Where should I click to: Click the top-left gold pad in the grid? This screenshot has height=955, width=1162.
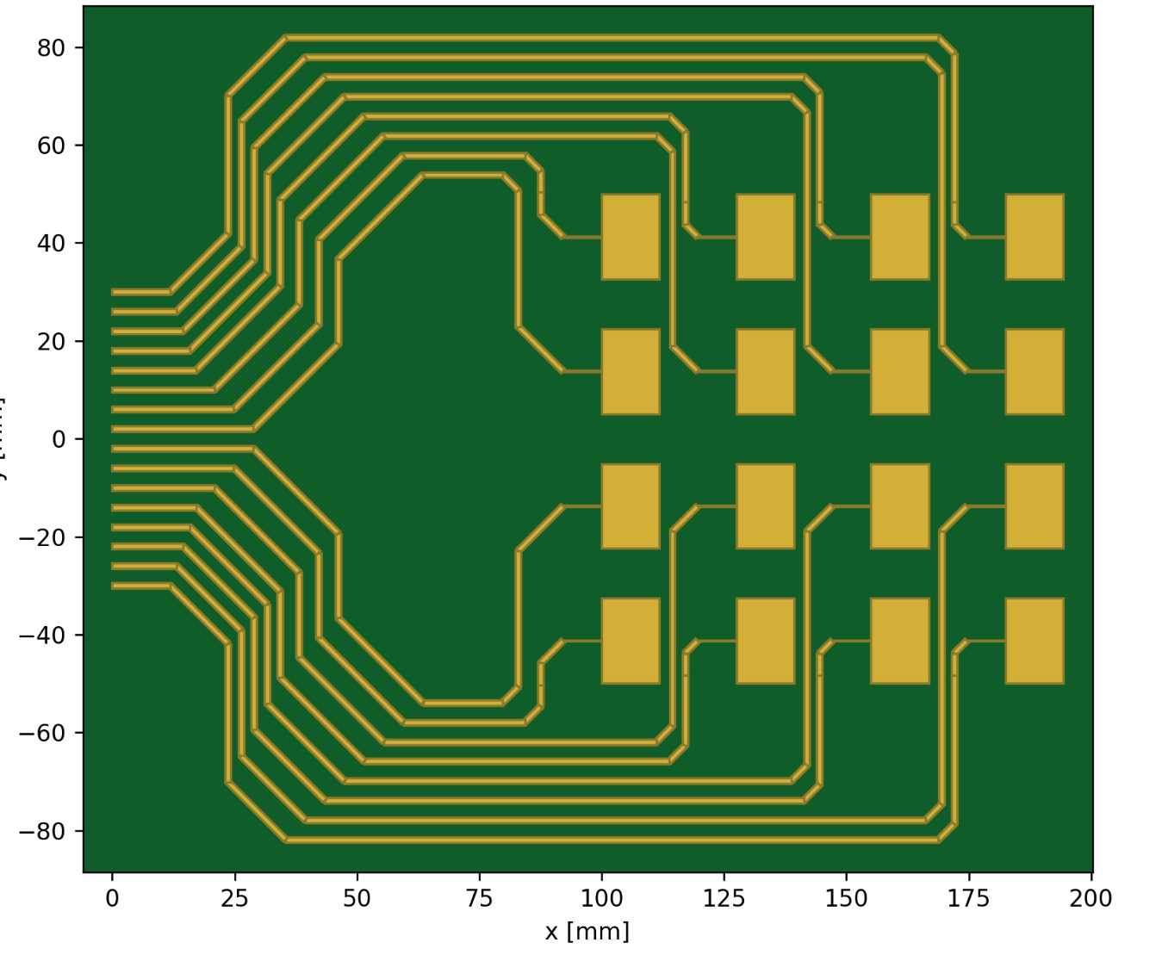[x=631, y=237]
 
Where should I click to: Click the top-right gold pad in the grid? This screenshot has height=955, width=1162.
[x=1035, y=237]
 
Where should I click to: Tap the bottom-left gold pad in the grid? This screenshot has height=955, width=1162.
[x=631, y=641]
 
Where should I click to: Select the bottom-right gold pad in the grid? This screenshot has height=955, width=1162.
[x=1035, y=641]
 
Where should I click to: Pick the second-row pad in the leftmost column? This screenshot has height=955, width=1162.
[x=631, y=371]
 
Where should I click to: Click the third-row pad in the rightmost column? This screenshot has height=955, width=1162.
[x=1035, y=506]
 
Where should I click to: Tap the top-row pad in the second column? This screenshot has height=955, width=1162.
[x=765, y=237]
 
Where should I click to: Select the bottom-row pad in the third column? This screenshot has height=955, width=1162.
[x=900, y=641]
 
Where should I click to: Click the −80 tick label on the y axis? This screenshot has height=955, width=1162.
[x=43, y=832]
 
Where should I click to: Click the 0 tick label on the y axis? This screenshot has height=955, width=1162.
[x=59, y=440]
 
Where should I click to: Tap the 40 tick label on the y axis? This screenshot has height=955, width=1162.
[x=52, y=244]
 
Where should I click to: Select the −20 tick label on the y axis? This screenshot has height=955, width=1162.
[x=43, y=538]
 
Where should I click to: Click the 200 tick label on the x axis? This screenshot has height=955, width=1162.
[x=1091, y=899]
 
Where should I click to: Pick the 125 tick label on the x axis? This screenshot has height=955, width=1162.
[x=724, y=899]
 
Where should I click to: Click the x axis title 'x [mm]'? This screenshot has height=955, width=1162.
[x=587, y=932]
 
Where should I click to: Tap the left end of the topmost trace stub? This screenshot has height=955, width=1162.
[x=114, y=292]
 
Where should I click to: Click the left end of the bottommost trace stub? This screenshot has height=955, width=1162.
[x=114, y=586]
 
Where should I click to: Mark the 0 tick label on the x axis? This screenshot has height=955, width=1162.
[x=112, y=899]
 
